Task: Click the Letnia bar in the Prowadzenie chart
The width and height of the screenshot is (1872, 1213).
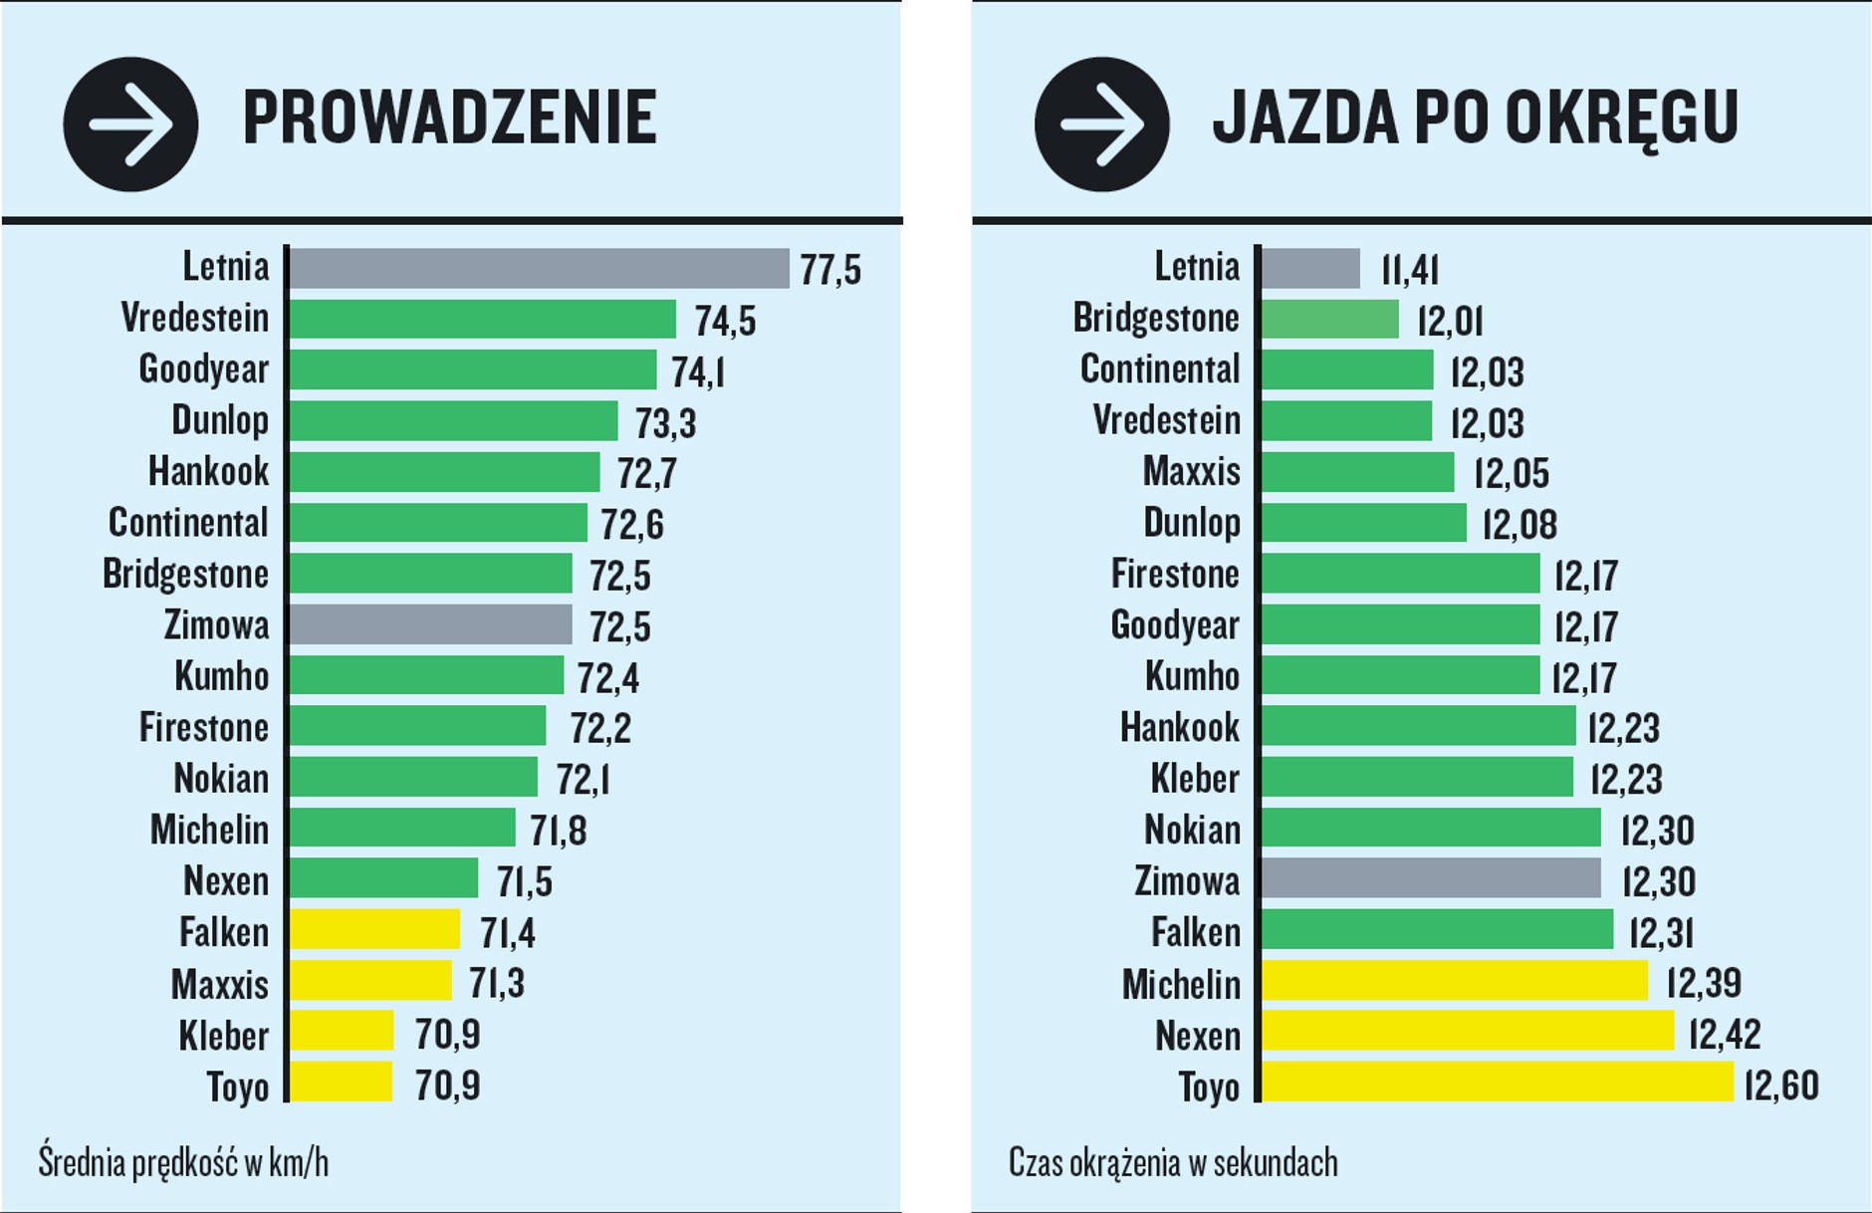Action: (x=539, y=268)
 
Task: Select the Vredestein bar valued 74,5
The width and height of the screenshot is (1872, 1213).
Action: (x=482, y=319)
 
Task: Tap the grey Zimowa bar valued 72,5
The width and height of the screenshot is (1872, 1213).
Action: (x=430, y=624)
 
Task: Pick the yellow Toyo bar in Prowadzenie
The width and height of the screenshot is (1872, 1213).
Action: (x=341, y=1083)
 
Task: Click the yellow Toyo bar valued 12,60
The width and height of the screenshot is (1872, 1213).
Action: (x=1497, y=1083)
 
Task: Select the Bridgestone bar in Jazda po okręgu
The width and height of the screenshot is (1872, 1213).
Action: (x=1329, y=319)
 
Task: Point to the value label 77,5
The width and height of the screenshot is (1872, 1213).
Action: (x=830, y=270)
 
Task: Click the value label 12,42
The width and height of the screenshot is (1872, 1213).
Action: (x=1725, y=1034)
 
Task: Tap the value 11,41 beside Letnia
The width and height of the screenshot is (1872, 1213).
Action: (x=1409, y=270)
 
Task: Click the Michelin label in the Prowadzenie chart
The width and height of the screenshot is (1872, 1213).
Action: (x=209, y=830)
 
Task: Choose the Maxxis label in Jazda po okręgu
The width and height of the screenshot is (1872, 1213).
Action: (x=1191, y=471)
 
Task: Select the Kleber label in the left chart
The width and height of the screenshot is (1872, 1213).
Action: (x=223, y=1036)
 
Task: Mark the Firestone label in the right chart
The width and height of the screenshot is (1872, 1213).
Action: (x=1175, y=574)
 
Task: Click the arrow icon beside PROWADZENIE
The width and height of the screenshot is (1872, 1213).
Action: (x=130, y=124)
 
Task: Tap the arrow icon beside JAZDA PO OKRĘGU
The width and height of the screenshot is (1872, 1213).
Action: (x=1101, y=124)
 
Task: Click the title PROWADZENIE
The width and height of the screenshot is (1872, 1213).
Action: (x=449, y=118)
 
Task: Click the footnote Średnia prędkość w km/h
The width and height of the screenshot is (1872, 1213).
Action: (x=183, y=1162)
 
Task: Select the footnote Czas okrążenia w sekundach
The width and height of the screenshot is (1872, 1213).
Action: (x=1173, y=1162)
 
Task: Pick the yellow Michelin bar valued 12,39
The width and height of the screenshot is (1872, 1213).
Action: (x=1454, y=981)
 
